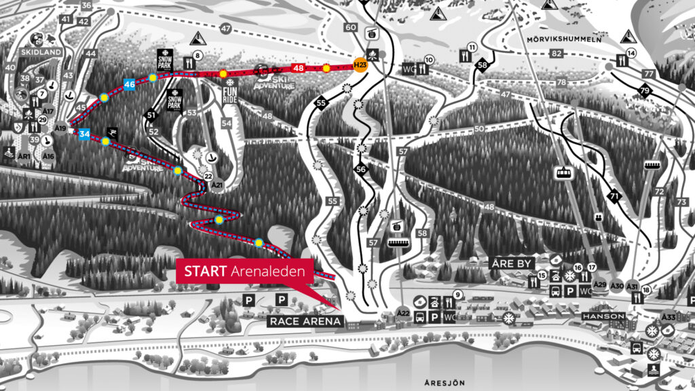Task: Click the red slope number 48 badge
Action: point(298,68)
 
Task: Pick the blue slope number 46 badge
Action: point(130,84)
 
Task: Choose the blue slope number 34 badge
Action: point(84,134)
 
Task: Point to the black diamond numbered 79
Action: point(644,90)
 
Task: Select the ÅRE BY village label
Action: point(512,263)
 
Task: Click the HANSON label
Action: point(603,316)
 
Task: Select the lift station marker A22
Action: point(403,313)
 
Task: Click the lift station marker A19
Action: point(61,128)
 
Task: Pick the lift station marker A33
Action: point(669,317)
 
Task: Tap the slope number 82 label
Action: point(557,54)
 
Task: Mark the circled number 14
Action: point(631,53)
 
